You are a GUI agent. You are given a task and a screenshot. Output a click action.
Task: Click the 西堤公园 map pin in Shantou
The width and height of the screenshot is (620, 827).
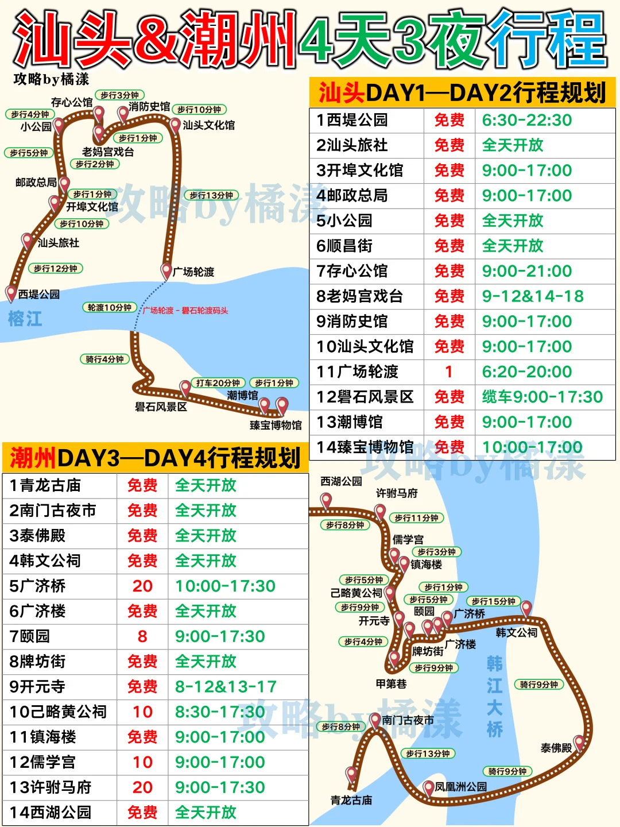11,293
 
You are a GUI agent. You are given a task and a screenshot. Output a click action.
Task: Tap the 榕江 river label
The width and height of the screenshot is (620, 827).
25,319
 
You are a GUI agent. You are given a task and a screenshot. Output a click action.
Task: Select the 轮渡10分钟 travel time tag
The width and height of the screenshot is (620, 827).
109,308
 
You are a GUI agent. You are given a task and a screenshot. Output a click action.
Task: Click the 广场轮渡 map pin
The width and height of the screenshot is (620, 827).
166,270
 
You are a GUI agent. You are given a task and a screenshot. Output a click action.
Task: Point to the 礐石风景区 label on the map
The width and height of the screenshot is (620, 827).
161,407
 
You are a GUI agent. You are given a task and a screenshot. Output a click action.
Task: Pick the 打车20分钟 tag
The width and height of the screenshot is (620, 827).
218,383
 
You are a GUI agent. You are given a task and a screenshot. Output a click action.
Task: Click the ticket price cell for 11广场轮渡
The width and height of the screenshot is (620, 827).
449,372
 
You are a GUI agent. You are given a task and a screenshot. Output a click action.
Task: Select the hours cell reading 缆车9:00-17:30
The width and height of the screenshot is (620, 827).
542,397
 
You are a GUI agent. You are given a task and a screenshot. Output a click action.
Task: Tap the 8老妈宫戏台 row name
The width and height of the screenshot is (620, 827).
359,296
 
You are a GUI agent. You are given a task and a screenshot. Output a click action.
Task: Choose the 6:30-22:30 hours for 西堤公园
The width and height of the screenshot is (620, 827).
526,120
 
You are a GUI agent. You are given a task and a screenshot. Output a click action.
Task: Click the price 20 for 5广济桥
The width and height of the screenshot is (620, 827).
142,586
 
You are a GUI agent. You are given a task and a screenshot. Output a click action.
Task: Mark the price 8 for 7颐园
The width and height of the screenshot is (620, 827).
142,636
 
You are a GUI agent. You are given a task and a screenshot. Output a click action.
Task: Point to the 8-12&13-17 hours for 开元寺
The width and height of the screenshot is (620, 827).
226,687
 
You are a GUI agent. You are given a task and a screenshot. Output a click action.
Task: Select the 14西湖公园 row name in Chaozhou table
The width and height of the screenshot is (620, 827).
51,813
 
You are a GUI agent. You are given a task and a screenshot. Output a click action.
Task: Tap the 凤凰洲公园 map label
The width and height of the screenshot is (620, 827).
460,787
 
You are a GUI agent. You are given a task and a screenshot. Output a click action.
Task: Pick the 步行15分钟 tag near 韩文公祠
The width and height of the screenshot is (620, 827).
493,601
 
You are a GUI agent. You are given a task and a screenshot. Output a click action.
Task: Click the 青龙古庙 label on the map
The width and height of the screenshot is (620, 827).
351,800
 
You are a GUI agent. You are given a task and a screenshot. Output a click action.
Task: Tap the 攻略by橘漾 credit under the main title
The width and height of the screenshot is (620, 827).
52,79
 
